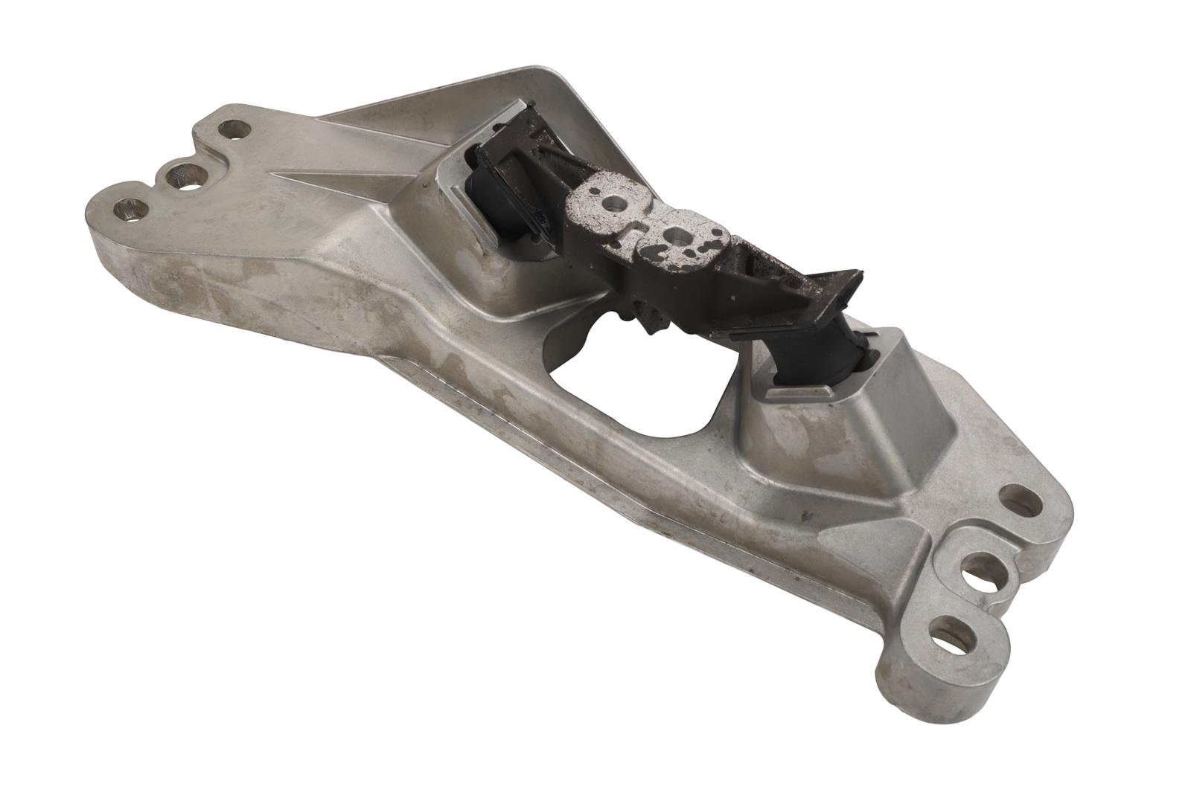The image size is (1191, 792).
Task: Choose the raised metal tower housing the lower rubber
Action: pos(856,416)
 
